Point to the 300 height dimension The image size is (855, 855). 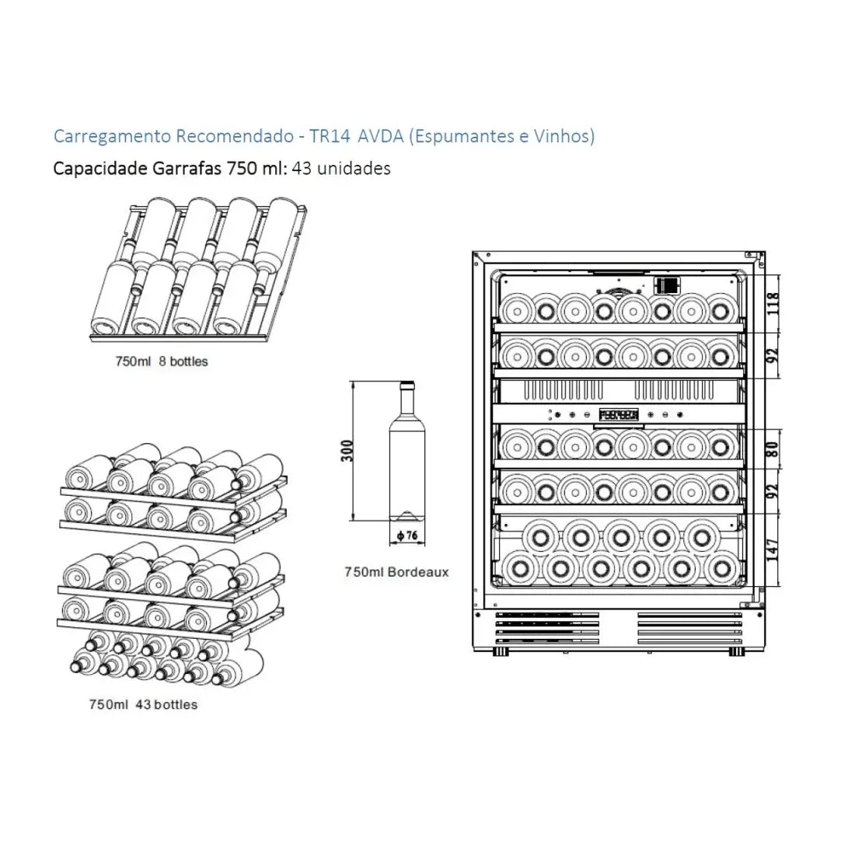pos(347,451)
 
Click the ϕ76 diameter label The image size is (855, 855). pos(407,535)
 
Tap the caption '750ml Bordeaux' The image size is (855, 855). pos(396,572)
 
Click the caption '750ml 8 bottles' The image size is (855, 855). pos(161,361)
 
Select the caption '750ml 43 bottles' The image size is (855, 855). pos(143,705)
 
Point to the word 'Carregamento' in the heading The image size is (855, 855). pos(112,137)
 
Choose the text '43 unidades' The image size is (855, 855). pos(341,168)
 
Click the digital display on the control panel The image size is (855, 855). pos(619,416)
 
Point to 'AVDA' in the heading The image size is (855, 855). pos(381,137)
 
